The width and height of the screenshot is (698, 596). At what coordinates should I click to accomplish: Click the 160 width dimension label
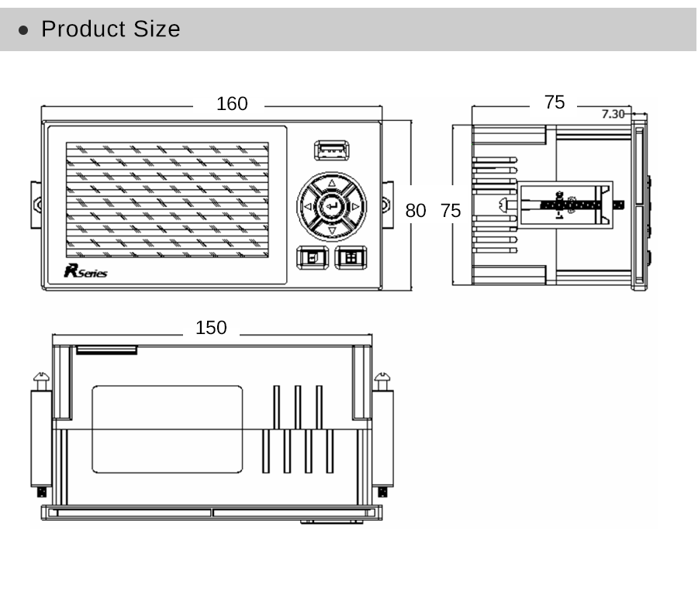coord(232,104)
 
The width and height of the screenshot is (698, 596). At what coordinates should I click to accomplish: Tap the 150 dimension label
coord(211,328)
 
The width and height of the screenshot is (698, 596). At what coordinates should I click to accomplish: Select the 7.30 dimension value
coord(613,114)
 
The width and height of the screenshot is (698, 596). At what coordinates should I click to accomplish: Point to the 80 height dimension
coord(416,210)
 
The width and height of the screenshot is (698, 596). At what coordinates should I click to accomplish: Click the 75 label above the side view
coord(555,102)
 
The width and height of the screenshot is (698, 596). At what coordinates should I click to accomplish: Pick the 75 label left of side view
coord(451,210)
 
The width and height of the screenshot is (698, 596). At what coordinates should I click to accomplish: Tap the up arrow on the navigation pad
coord(332,184)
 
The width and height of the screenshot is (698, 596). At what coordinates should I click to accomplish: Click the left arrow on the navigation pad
coord(308,207)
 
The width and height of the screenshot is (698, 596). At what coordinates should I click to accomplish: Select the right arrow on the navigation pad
coord(356,207)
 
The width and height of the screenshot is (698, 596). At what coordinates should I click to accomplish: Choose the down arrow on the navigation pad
coord(332,231)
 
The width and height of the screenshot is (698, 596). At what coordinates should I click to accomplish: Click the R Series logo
coord(85,271)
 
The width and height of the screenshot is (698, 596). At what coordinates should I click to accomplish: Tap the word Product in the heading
coord(83,29)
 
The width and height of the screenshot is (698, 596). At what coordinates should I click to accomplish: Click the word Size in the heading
coord(157,29)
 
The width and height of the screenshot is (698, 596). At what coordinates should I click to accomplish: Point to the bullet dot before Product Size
coord(24,30)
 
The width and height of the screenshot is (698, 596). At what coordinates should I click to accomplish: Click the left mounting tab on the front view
coord(36,204)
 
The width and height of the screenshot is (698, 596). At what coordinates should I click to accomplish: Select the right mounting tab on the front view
coord(387,204)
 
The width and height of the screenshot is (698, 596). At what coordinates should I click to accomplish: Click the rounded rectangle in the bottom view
coord(167,429)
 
